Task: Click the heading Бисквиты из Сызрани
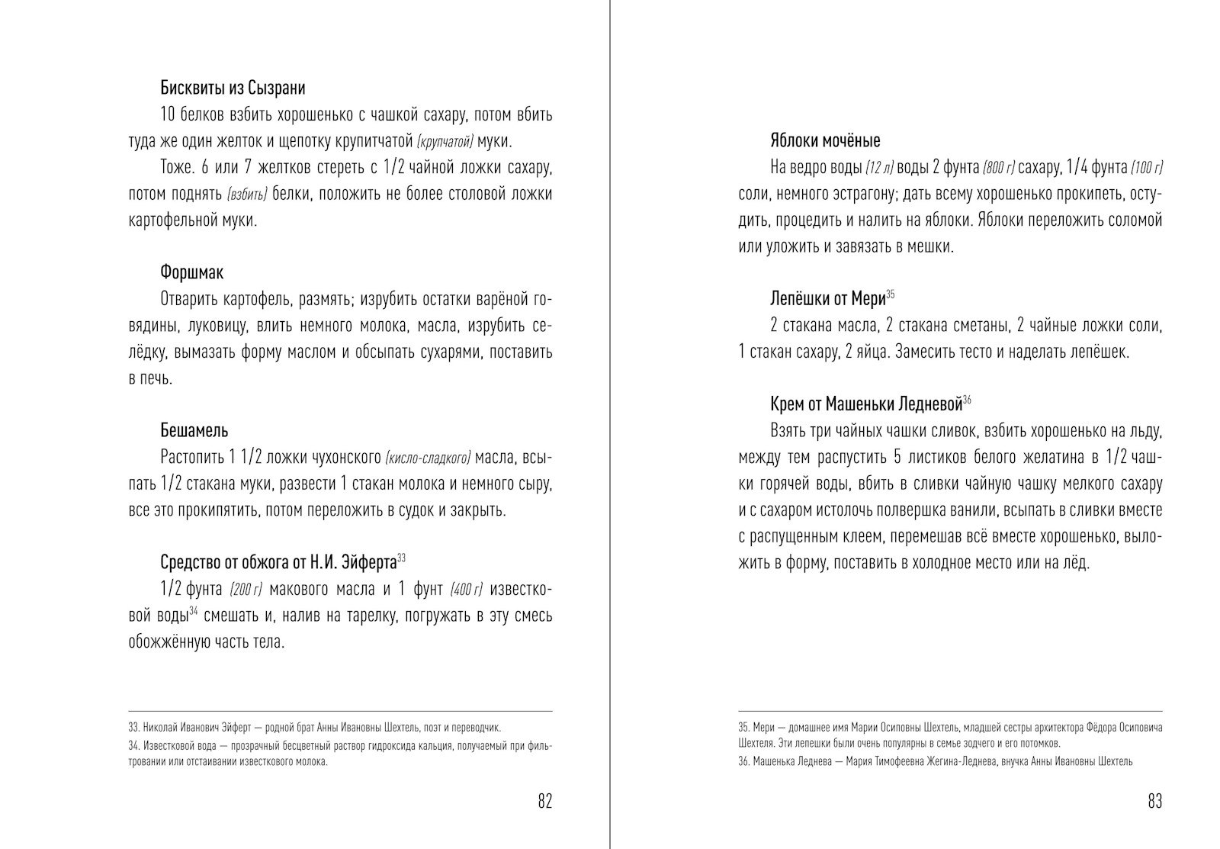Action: [233, 88]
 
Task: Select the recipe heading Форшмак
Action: [191, 272]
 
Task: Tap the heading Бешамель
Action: [194, 431]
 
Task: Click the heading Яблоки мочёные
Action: [825, 141]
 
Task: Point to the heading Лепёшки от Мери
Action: [827, 299]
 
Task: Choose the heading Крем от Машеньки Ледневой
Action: [865, 404]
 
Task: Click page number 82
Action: [544, 801]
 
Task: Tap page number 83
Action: [1154, 801]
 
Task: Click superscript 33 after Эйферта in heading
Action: [401, 558]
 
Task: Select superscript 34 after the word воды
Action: [194, 611]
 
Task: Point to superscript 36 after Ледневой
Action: [967, 400]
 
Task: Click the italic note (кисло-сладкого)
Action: [429, 458]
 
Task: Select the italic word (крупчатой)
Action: [445, 142]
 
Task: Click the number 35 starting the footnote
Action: [743, 728]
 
